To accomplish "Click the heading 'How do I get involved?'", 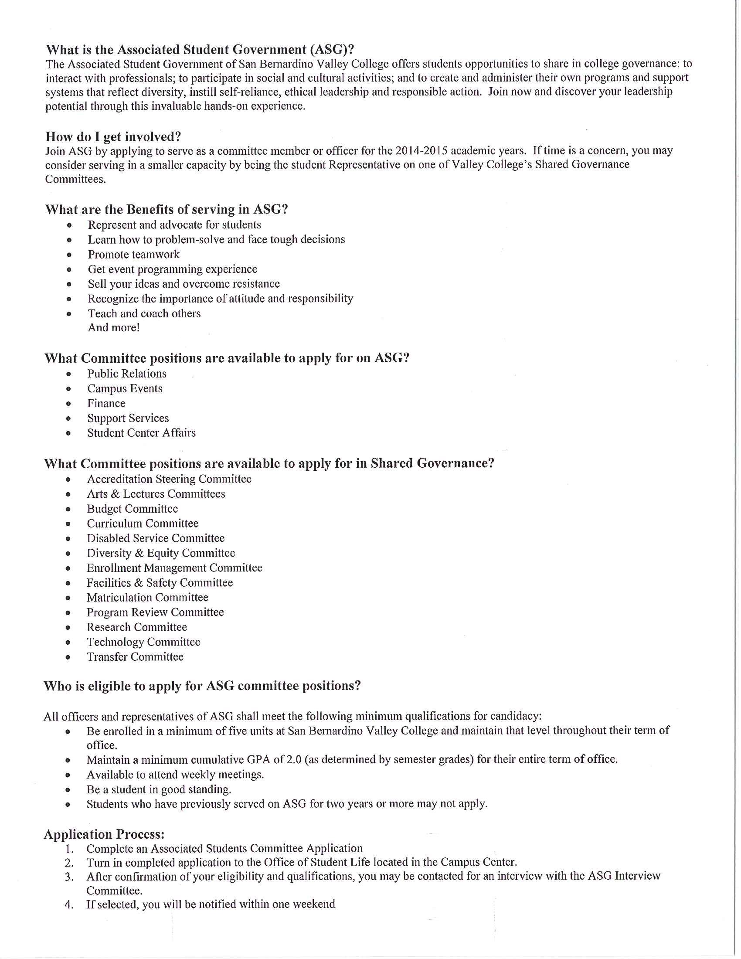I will coord(113,136).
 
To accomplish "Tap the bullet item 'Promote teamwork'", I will coord(133,255).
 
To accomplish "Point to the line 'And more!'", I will coord(114,327).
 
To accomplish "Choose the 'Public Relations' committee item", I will coord(127,374).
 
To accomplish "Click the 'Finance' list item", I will coord(106,403).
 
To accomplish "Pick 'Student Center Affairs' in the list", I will coord(141,433).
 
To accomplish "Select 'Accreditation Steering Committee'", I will coord(169,479).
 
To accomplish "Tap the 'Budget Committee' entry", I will coord(132,509).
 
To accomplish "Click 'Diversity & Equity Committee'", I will coord(161,553).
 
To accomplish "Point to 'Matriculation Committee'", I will coord(147,598).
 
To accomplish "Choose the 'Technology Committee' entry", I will coord(143,642).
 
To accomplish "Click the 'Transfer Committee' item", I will coord(135,657).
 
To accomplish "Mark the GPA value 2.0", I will coord(294,760).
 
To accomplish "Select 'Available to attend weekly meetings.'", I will coord(175,775).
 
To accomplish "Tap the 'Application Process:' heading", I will coord(104,834).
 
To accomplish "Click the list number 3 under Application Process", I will coord(69,877).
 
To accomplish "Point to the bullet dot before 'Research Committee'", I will coord(68,627).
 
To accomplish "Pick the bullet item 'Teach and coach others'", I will coord(144,313).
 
